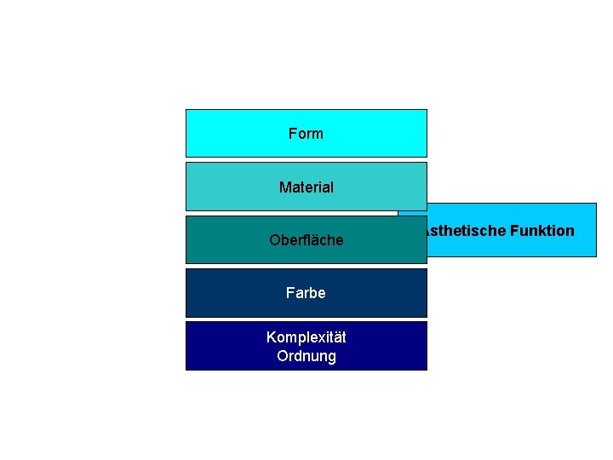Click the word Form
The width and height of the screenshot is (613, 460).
306,134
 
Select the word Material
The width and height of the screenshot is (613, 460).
306,187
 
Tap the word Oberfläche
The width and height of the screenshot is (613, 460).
306,240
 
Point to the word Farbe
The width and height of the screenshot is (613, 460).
306,293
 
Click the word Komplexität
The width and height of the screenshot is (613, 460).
306,337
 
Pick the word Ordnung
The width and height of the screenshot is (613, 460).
306,356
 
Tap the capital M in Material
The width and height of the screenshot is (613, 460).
284,187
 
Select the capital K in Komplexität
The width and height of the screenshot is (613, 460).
271,337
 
